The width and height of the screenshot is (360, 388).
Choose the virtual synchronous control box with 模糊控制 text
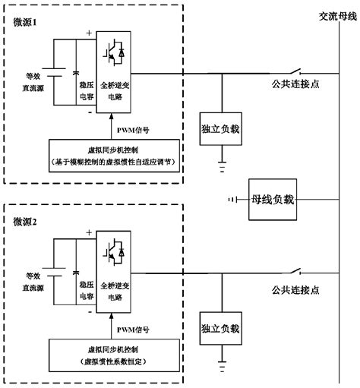coord(115,155)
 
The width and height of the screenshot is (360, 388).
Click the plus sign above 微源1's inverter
coord(90,33)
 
